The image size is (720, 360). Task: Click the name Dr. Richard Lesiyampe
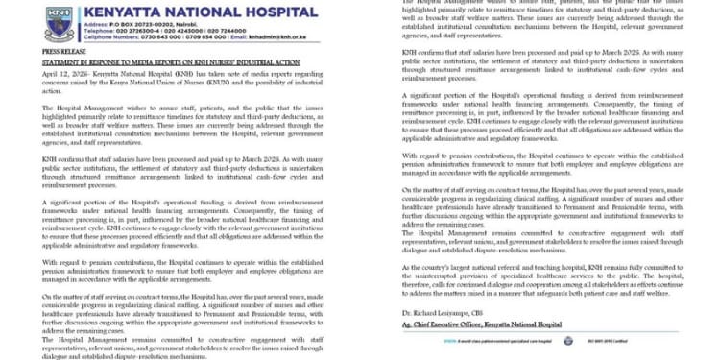coord(434,312)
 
